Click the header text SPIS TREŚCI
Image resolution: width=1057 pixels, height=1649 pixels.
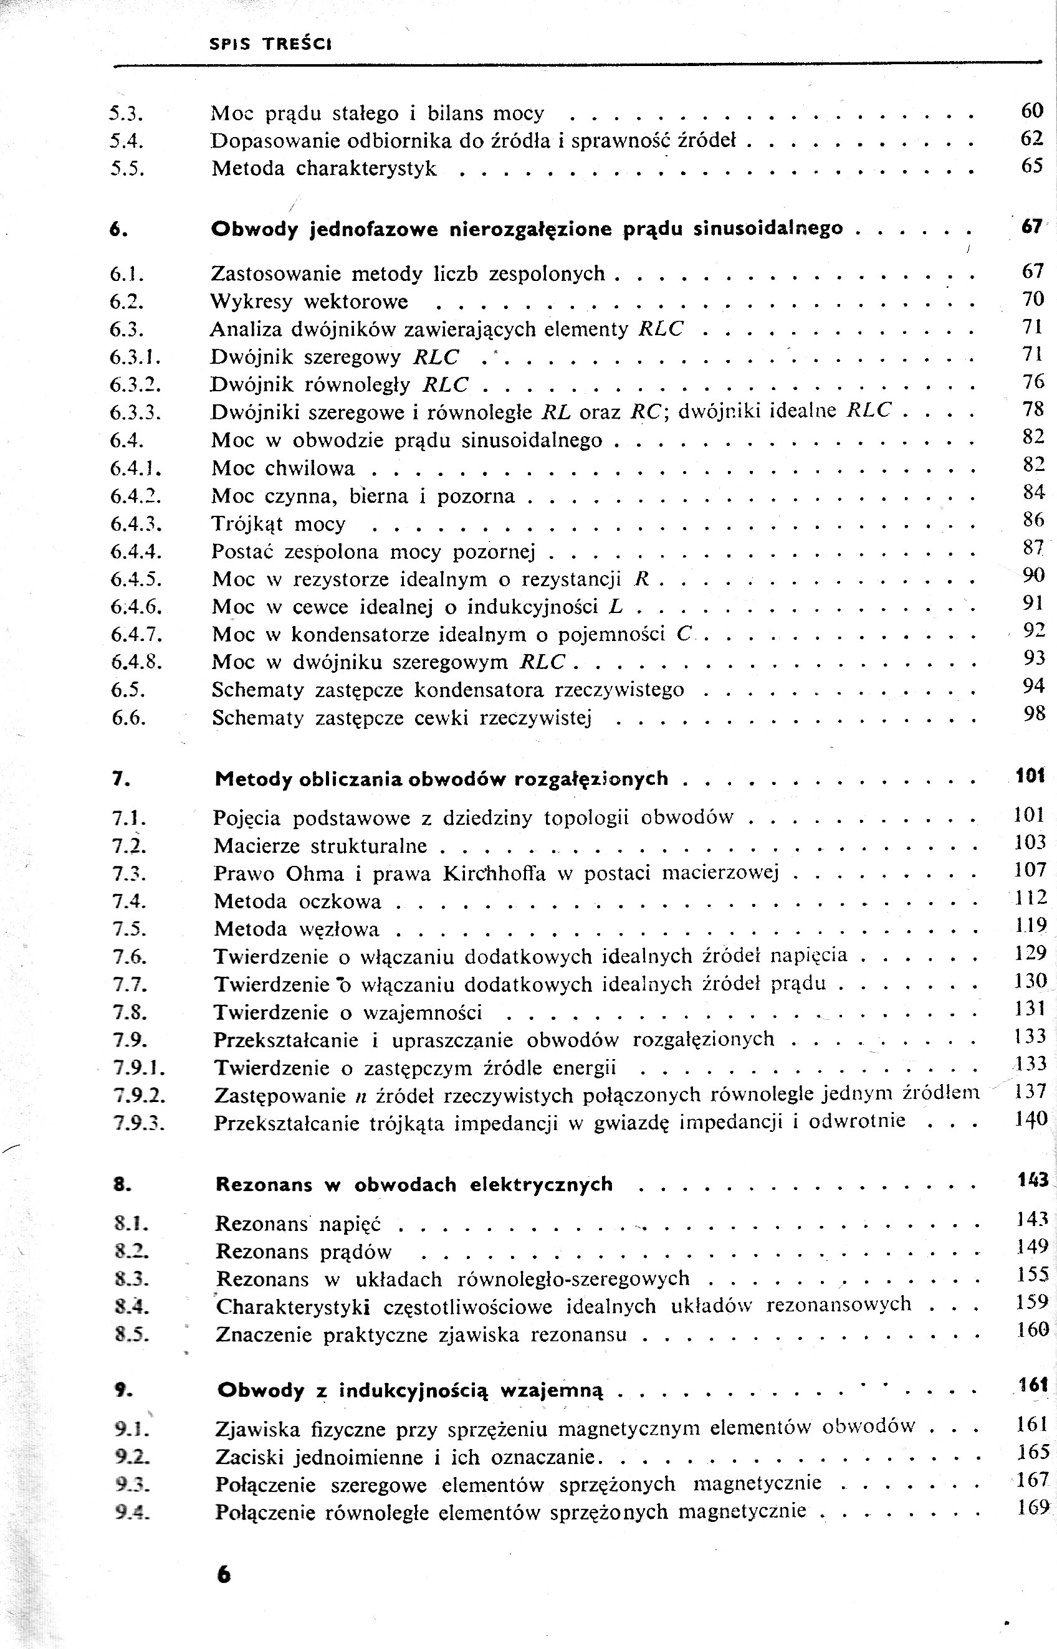tap(270, 45)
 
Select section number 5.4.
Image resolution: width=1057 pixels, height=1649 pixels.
tap(126, 141)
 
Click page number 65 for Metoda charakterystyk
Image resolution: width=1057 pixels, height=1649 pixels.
tap(1031, 166)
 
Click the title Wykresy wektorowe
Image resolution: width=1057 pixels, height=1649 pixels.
tap(309, 302)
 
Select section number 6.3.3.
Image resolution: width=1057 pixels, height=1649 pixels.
tap(135, 413)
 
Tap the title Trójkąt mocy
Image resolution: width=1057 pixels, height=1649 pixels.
tap(279, 524)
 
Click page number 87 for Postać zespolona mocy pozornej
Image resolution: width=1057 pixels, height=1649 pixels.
tap(1032, 548)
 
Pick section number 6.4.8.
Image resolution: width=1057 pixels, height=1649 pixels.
tap(136, 663)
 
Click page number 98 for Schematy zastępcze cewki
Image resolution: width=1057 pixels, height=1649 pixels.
tap(1034, 714)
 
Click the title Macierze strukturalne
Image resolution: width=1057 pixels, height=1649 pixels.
tap(320, 846)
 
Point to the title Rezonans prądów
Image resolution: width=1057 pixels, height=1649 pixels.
tap(304, 1252)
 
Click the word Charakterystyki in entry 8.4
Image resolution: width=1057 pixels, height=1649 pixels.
tap(293, 1307)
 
